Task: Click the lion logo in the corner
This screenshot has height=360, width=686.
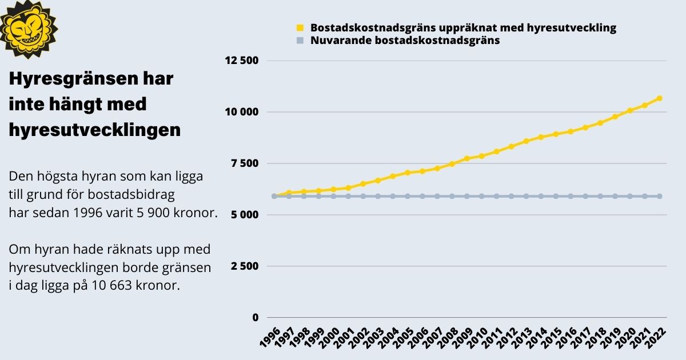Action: [29, 29]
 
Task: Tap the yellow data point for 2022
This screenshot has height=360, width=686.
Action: [659, 98]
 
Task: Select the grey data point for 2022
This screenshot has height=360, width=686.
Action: [659, 196]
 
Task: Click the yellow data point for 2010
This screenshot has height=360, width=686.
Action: [481, 156]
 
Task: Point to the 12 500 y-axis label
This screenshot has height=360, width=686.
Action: [242, 61]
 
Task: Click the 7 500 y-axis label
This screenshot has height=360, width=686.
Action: [245, 163]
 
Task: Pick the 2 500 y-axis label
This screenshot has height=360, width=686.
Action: [245, 266]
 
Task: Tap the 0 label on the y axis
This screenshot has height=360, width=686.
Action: [256, 318]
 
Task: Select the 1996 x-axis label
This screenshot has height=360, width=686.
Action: [270, 337]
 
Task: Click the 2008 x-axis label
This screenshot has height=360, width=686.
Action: [448, 337]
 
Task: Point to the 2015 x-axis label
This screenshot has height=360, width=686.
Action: [551, 337]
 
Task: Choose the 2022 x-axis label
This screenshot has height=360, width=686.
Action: [655, 337]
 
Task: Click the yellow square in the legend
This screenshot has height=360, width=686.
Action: [300, 27]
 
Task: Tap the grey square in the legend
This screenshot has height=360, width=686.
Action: [300, 41]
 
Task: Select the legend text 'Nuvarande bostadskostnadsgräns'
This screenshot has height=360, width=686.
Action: [405, 41]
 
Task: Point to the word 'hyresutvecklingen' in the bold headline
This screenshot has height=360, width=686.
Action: [94, 130]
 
